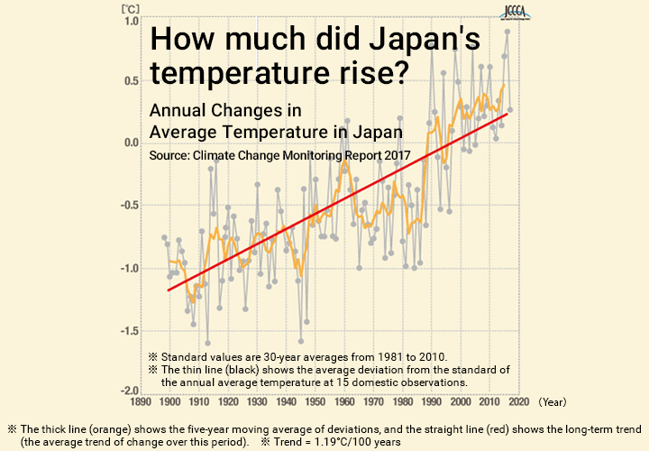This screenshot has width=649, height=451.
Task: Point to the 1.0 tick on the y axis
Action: click(x=130, y=21)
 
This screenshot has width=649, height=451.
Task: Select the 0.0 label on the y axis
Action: click(x=130, y=143)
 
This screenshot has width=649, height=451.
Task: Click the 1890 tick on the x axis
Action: click(x=141, y=404)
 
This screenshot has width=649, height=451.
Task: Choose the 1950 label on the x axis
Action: click(x=315, y=404)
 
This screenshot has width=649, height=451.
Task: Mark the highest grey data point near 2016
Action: click(x=507, y=32)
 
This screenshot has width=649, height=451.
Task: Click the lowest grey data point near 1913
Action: click(x=207, y=343)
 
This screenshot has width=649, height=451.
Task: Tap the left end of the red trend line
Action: click(x=169, y=290)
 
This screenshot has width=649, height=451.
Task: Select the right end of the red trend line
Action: click(x=507, y=114)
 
